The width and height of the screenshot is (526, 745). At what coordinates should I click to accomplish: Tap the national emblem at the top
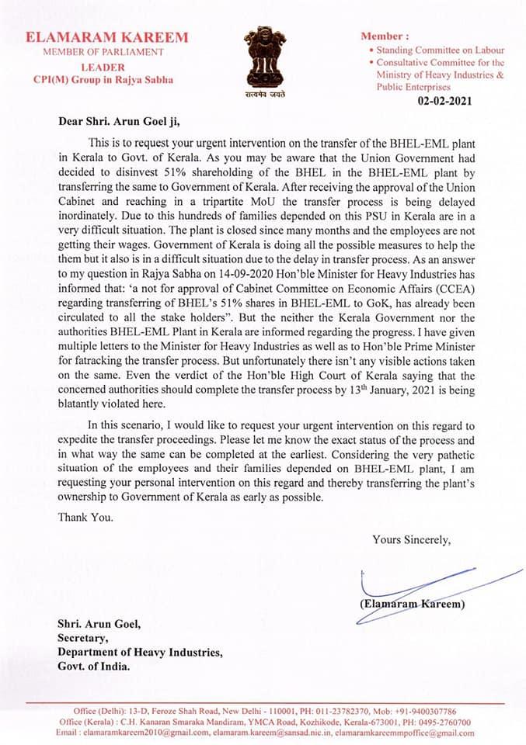click(x=265, y=58)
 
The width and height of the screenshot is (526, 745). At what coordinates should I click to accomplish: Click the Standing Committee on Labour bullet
click(x=441, y=50)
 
